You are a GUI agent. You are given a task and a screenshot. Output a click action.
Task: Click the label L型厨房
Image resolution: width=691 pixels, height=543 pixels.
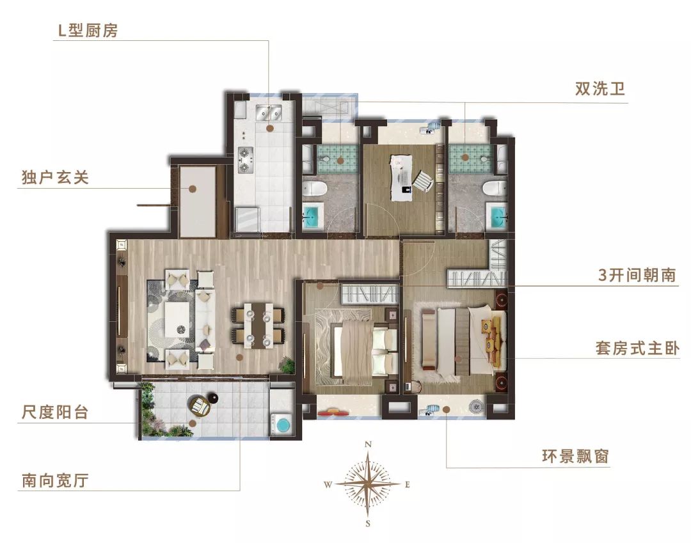(x=85, y=31)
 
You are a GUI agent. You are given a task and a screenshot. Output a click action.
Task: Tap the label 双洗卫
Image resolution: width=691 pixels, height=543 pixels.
(x=600, y=90)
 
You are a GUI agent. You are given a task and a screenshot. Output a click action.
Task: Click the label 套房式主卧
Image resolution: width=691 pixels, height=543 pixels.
(x=637, y=349)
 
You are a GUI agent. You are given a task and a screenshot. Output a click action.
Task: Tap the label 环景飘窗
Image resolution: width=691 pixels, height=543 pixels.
(x=574, y=457)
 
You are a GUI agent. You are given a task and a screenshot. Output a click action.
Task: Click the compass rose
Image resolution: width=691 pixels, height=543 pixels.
(x=368, y=484)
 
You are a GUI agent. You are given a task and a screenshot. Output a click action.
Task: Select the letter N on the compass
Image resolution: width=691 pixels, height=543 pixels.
(x=368, y=444)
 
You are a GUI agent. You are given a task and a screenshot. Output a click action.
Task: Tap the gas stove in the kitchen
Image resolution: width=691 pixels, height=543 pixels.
(x=246, y=160)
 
